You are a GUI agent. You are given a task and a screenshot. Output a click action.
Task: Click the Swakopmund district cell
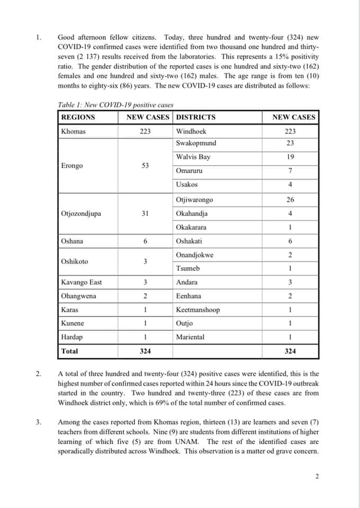(x=196, y=143)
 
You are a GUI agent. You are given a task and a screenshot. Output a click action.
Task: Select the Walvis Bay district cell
(x=193, y=157)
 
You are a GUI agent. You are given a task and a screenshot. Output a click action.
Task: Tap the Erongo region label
(x=72, y=166)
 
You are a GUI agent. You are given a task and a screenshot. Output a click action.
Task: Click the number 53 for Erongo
(x=145, y=166)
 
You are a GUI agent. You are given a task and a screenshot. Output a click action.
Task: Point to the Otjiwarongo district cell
(x=195, y=200)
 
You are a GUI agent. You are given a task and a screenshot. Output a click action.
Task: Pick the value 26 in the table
(x=290, y=200)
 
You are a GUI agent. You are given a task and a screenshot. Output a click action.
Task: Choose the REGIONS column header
(x=78, y=117)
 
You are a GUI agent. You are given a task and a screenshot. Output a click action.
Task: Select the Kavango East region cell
(x=81, y=283)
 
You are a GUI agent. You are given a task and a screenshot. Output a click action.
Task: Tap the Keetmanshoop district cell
(x=197, y=310)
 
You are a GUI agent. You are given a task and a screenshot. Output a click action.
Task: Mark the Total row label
(x=69, y=351)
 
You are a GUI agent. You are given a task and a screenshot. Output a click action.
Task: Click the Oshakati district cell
(x=191, y=241)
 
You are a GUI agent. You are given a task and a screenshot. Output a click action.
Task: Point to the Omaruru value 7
(x=290, y=171)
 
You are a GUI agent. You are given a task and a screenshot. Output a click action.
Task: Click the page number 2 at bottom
(x=317, y=476)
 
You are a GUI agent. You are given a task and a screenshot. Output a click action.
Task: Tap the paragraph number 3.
(x=38, y=422)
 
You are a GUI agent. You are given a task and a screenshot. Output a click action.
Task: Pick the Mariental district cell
(x=192, y=337)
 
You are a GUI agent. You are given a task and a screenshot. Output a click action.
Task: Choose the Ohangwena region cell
(x=79, y=296)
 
